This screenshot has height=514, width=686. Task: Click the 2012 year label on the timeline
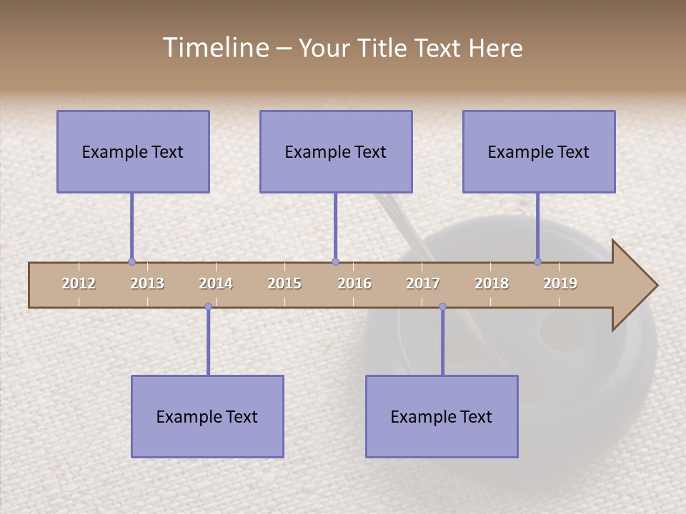(x=79, y=283)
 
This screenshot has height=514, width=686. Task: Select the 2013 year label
(x=147, y=283)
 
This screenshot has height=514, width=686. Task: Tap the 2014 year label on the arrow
(x=216, y=283)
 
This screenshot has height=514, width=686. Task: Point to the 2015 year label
(x=284, y=283)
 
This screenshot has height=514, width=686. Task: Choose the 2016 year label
(x=354, y=283)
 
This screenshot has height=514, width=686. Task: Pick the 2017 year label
(x=423, y=283)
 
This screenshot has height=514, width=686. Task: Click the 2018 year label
(x=492, y=283)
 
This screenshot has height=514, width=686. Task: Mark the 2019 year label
(x=560, y=283)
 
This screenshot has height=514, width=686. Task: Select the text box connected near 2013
(x=133, y=151)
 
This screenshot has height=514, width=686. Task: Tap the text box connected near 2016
(x=336, y=151)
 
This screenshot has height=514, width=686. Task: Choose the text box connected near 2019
(x=539, y=151)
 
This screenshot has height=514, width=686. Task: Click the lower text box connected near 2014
(x=207, y=416)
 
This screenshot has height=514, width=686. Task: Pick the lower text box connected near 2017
(x=442, y=416)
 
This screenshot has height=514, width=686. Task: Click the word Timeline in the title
(x=214, y=48)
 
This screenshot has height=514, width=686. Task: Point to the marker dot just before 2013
(x=131, y=262)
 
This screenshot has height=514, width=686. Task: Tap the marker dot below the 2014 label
(x=208, y=307)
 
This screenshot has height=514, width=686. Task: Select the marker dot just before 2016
(x=335, y=262)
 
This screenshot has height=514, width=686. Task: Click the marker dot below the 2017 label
(x=442, y=307)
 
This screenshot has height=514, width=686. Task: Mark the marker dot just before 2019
(x=537, y=262)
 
